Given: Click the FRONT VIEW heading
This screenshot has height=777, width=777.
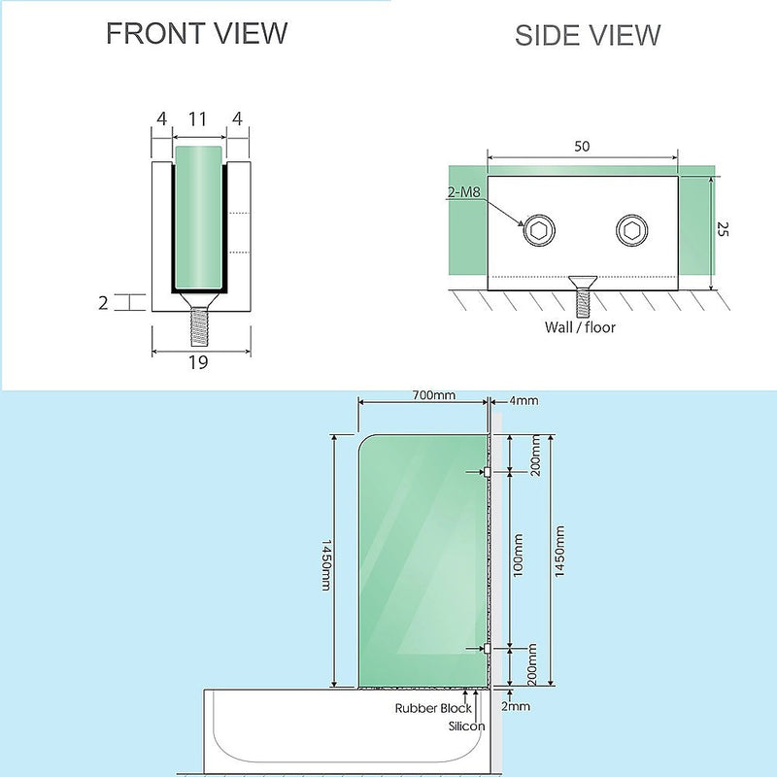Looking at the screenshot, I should [197, 33].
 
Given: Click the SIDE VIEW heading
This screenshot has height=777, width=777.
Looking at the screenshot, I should [588, 36].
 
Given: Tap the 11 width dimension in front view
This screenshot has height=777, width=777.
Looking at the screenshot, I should [198, 119].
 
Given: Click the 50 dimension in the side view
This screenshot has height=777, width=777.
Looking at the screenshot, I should [582, 147].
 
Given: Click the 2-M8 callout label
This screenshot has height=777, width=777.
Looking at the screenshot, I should [466, 194].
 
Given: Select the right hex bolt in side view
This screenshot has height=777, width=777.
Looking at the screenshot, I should [630, 232].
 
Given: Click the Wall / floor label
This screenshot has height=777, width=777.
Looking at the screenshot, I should [580, 327].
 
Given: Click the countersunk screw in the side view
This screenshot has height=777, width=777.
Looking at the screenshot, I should [581, 293].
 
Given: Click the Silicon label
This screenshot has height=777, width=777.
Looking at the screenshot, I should [465, 726].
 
